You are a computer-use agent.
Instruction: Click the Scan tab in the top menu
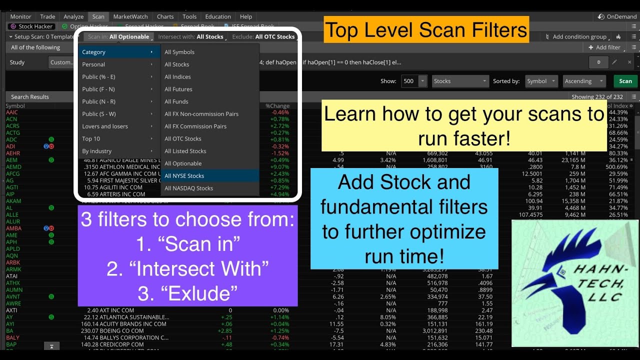tap(98, 16)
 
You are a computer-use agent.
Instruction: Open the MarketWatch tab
tap(130, 16)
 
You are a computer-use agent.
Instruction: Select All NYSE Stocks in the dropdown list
tap(184, 176)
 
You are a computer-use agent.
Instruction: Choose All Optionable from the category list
tap(183, 163)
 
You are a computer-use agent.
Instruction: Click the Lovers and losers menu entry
tap(105, 126)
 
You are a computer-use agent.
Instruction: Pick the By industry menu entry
tap(97, 151)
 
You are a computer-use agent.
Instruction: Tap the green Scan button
tap(625, 81)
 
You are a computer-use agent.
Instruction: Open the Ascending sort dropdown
tap(584, 81)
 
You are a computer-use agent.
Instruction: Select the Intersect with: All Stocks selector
tap(190, 36)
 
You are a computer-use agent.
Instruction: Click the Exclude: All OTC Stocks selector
tap(263, 36)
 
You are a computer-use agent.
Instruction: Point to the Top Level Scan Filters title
tap(426, 30)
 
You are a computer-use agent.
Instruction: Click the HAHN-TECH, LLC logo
tap(575, 283)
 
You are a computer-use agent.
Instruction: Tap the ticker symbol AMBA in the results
tap(13, 228)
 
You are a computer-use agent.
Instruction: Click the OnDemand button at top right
tap(618, 16)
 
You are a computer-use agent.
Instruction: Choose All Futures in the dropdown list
tap(178, 89)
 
